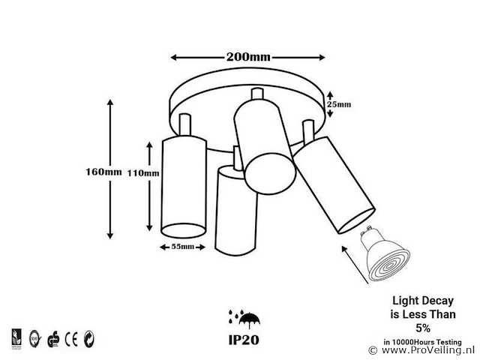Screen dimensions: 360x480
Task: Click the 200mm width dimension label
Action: coord(247,57)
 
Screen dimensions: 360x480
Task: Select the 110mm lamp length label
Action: coord(143,173)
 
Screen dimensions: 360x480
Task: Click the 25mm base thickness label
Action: coord(340,103)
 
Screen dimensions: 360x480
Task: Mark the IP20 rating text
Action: coord(245,338)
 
